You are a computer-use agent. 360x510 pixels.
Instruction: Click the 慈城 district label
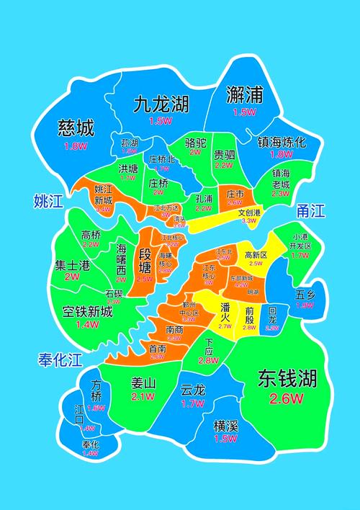pyautogui.click(x=76, y=129)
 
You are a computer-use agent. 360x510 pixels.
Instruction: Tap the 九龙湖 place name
pyautogui.click(x=160, y=104)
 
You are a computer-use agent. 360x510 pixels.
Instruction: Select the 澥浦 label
pyautogui.click(x=244, y=94)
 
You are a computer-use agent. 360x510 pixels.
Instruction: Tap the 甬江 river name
pyautogui.click(x=310, y=211)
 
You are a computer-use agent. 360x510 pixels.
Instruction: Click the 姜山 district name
pyautogui.click(x=144, y=382)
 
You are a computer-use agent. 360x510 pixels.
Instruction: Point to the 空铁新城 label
pyautogui.click(x=86, y=312)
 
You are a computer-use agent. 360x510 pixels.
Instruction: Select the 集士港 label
pyautogui.click(x=73, y=264)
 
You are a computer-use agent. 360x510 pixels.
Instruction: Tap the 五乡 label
pyautogui.click(x=305, y=295)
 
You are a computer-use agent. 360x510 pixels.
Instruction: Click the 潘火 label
pyautogui.click(x=225, y=307)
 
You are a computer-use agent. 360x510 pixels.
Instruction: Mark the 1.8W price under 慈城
pyautogui.click(x=75, y=146)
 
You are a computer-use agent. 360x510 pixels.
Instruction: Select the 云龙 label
pyautogui.click(x=193, y=390)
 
